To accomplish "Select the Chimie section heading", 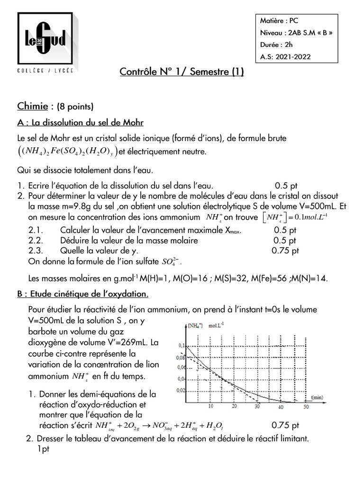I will click(x=33, y=105).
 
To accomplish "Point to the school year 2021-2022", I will click(x=293, y=57).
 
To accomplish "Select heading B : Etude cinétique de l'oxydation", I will click(x=83, y=294).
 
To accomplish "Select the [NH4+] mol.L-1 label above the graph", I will click(x=206, y=326).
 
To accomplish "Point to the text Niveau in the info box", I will click(x=271, y=33).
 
